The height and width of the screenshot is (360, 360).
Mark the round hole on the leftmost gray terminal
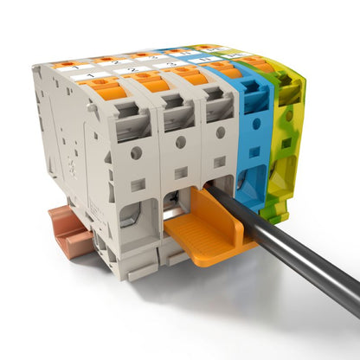pyautogui.click(x=136, y=153)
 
